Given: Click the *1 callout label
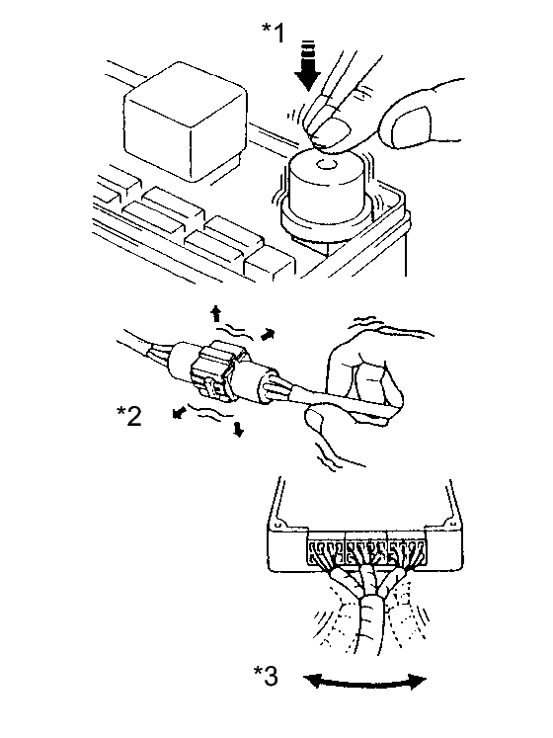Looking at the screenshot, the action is coord(274,33).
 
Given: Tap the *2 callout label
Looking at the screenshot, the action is coord(129,416).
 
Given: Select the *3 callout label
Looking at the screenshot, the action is coord(266,676).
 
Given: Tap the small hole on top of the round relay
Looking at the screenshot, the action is coord(326,165).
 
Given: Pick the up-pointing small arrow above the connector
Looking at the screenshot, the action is coord(215,313).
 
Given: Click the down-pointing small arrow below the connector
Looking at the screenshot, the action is coord(239,429).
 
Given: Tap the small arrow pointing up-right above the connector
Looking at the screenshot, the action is coord(268,334).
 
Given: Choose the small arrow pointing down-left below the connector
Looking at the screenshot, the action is coord(178,413).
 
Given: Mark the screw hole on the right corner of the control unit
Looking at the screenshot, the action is coord(446,524).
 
